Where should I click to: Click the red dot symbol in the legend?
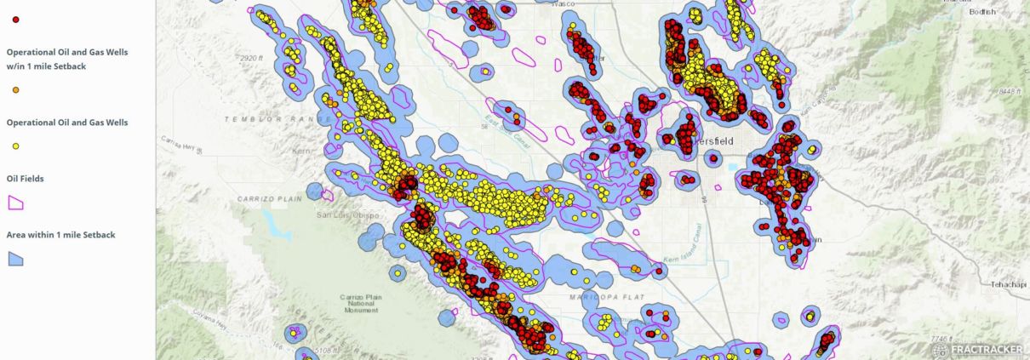point(16,19)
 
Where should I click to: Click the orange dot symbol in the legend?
point(16,89)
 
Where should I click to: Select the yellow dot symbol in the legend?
point(16,146)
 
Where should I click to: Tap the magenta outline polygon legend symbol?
point(15,203)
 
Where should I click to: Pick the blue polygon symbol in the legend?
point(15,259)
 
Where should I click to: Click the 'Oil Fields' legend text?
point(25,178)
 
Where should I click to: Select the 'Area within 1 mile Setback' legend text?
point(60,234)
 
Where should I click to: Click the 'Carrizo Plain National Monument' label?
point(357,303)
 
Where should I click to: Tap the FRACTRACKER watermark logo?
point(977,349)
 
